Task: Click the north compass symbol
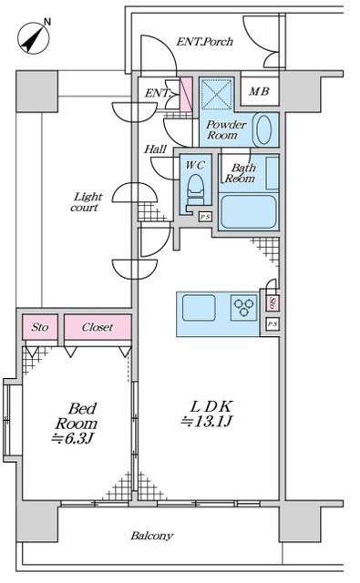(34, 37)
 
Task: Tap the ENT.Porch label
(204, 42)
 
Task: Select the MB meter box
(260, 91)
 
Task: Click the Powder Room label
(226, 129)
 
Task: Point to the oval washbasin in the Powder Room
(263, 129)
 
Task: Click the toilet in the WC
(196, 189)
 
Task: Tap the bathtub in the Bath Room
(248, 211)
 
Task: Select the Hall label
(156, 149)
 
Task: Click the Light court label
(87, 202)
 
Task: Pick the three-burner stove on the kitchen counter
(244, 308)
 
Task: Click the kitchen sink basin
(199, 308)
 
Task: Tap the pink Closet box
(98, 327)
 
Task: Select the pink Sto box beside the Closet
(40, 327)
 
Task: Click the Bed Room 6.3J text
(77, 423)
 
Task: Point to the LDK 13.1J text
(208, 414)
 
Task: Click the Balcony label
(151, 536)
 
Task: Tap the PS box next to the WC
(205, 217)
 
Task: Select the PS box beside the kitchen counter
(273, 324)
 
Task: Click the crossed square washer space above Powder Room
(216, 94)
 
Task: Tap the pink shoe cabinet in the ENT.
(186, 94)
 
